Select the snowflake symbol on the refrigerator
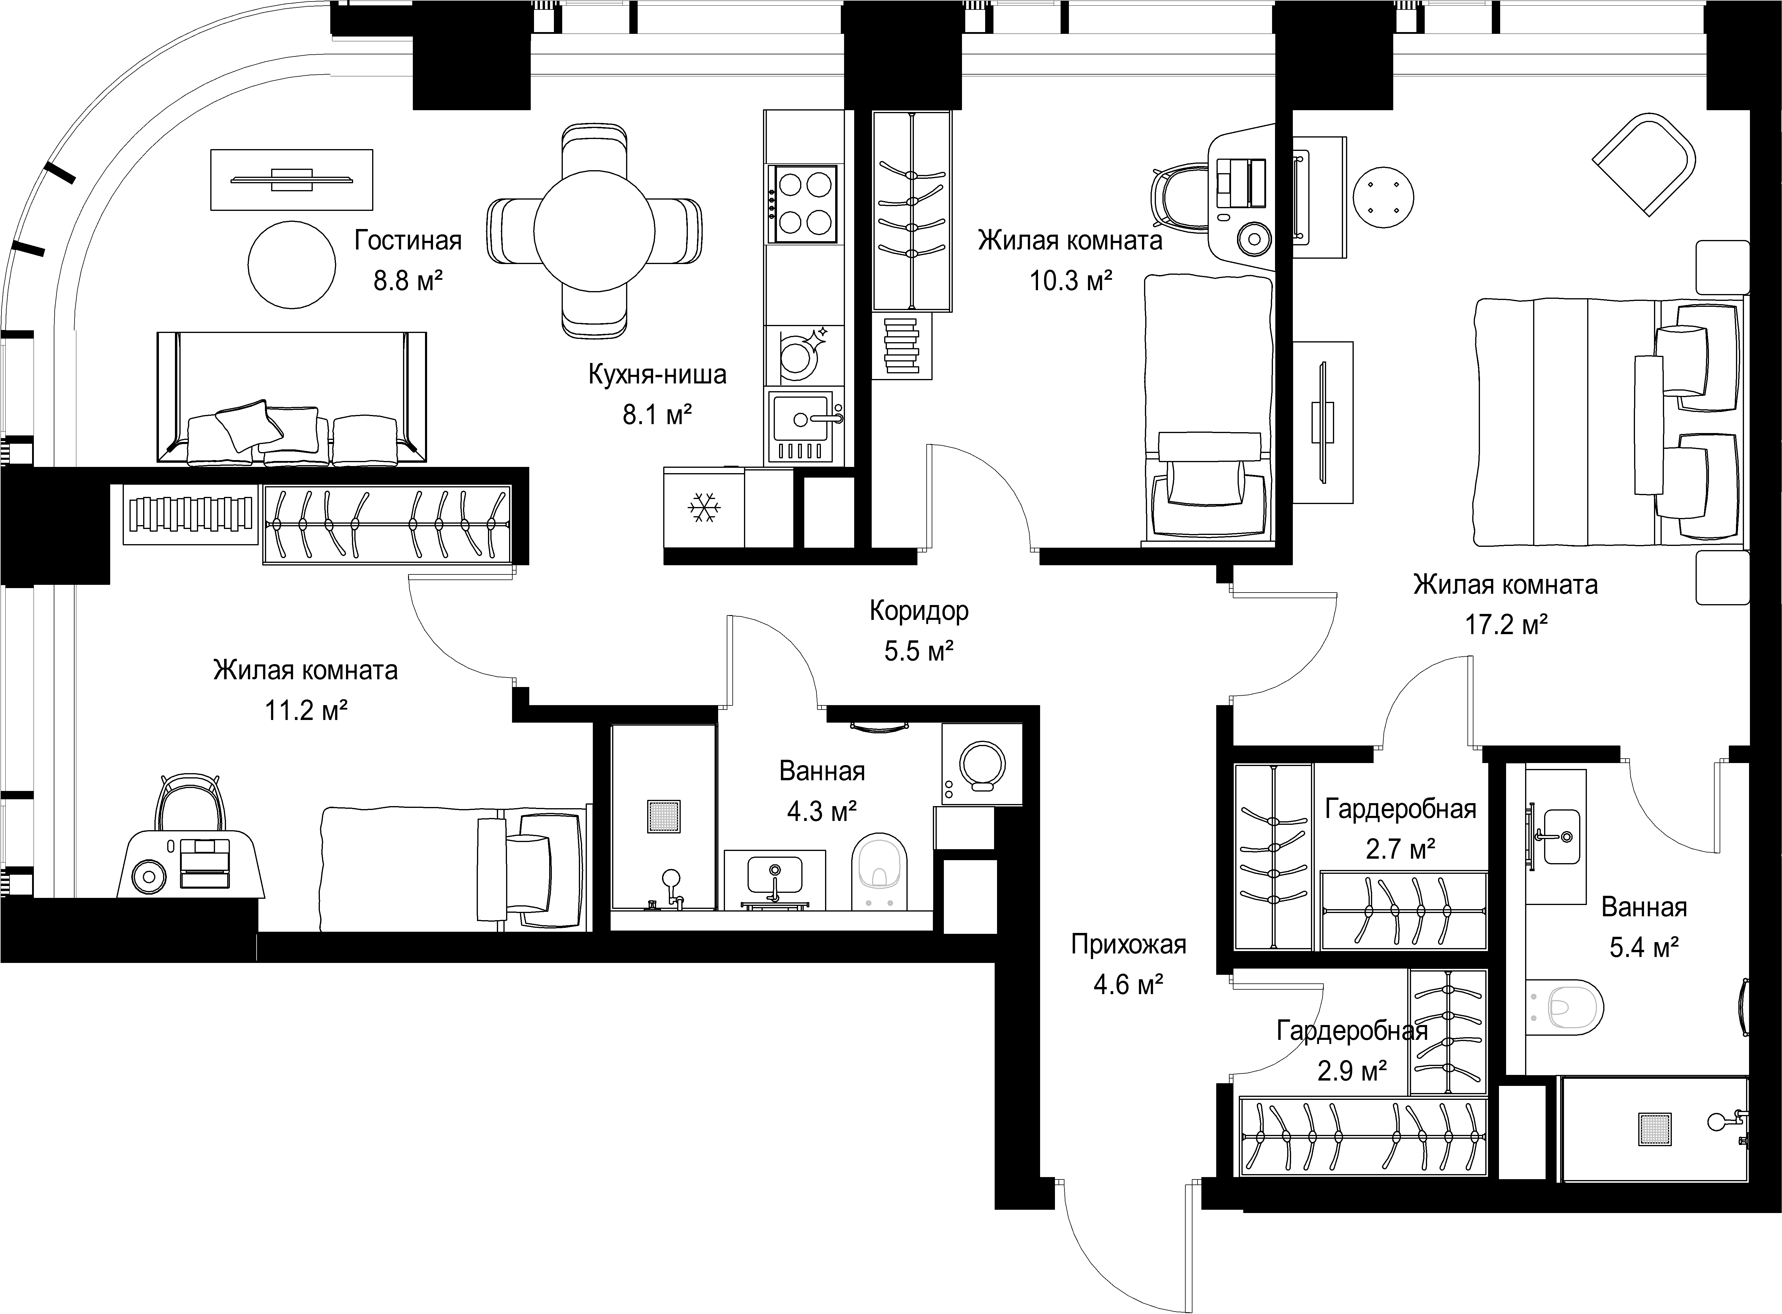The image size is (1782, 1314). tap(704, 508)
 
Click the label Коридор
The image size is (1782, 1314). tap(919, 611)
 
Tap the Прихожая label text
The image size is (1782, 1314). tap(1128, 944)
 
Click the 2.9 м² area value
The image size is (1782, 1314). tap(1352, 1071)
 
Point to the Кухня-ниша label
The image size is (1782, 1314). tap(658, 374)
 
